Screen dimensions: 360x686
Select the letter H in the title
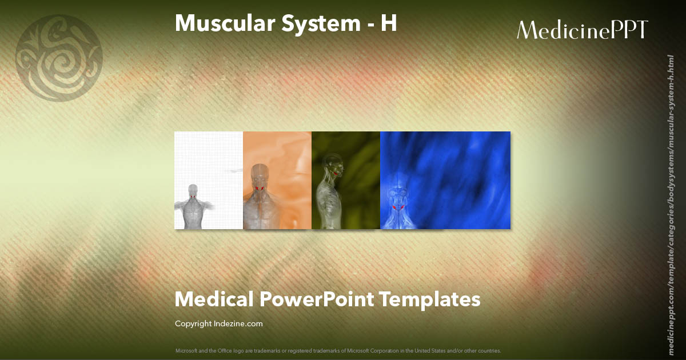388,23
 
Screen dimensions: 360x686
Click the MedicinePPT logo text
582,30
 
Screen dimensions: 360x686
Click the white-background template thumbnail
209,180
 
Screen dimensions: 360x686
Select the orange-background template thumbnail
277,180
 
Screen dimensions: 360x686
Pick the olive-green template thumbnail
346,180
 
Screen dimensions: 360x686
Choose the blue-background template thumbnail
445,180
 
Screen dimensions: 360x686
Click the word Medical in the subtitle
214,299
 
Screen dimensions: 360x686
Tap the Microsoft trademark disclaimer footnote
338,350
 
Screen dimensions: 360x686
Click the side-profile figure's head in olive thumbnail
333,166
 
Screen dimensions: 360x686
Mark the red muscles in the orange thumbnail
260,189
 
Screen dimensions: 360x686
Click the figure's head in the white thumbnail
193,190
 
